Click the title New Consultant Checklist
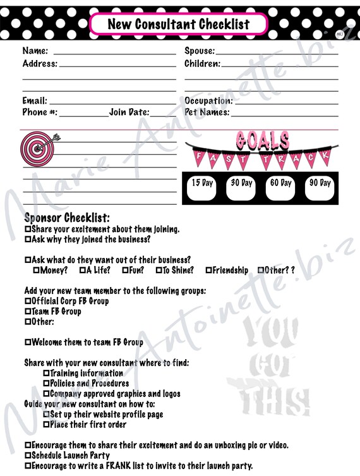179,25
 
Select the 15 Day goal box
202,188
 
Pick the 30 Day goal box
241,188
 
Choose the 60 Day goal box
280,188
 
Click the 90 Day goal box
320,188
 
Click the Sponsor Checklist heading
67,218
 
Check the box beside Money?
37,271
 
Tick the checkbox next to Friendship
208,271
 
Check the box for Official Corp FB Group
28,302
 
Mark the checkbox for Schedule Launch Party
28,455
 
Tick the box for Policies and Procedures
46,384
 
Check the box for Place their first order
46,425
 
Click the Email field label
35,101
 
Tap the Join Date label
129,113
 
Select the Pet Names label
207,113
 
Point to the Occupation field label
208,101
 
